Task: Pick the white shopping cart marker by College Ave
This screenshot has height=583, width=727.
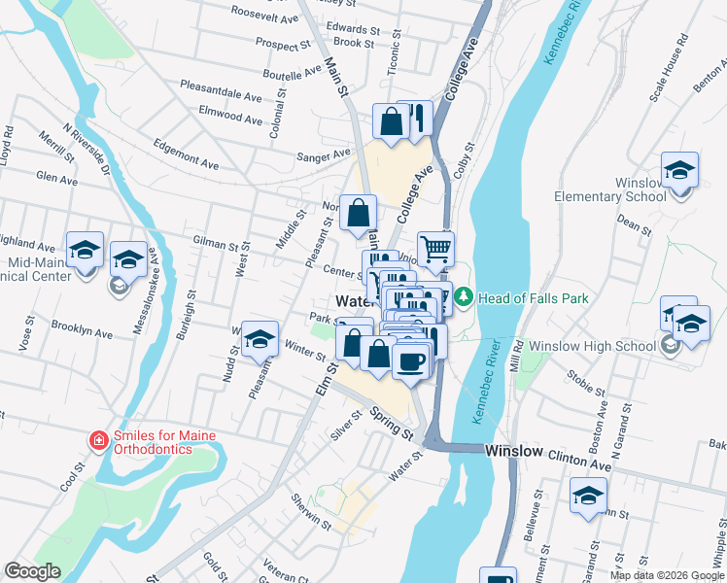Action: click(435, 248)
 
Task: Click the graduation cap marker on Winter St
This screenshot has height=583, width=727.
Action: click(260, 338)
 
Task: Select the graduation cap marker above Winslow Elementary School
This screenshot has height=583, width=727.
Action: click(679, 170)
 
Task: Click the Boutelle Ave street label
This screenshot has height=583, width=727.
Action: click(291, 72)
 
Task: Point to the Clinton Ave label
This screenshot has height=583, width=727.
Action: click(579, 453)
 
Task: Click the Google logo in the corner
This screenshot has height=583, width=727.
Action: click(32, 570)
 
